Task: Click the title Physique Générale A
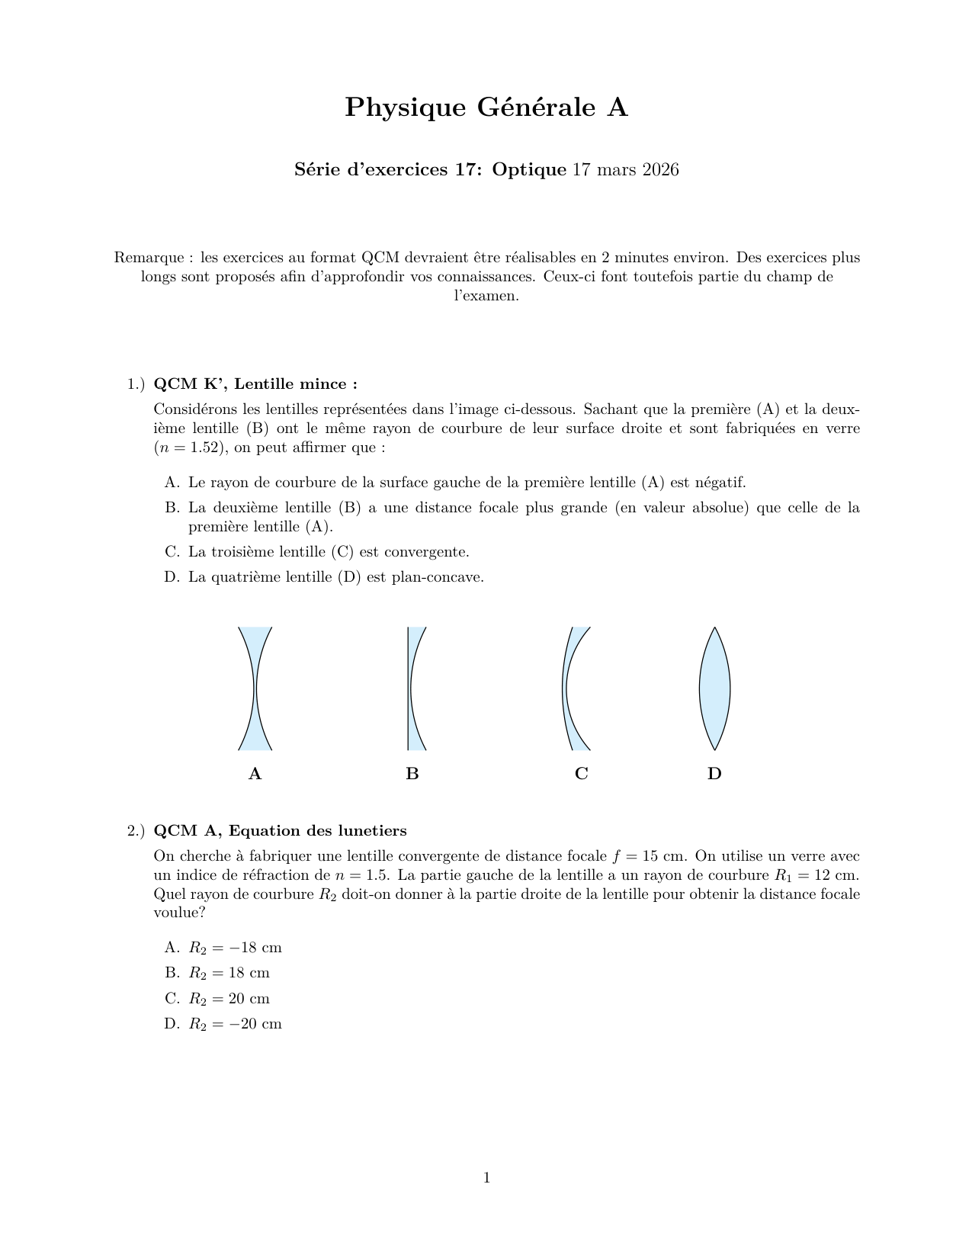click(486, 108)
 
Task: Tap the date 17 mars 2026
click(625, 169)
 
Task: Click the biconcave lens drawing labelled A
click(255, 688)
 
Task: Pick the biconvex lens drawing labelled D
click(714, 688)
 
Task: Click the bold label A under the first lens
click(255, 774)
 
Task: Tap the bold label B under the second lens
click(412, 774)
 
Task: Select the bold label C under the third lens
click(581, 774)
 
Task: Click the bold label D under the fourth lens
click(714, 774)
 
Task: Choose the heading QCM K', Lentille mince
click(255, 383)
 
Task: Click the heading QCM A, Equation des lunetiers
click(280, 830)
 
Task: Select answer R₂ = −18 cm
click(235, 948)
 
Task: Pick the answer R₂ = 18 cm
click(229, 973)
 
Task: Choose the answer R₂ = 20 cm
click(229, 999)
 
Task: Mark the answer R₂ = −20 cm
click(235, 1024)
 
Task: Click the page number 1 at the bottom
click(486, 1178)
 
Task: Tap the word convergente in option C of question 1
click(426, 551)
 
